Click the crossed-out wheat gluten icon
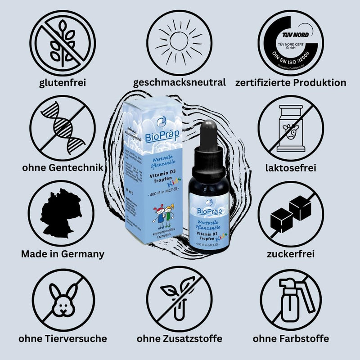[x=63, y=42]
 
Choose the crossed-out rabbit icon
[x=63, y=299]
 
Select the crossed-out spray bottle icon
[x=291, y=299]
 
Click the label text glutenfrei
[x=63, y=83]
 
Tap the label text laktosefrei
[x=291, y=168]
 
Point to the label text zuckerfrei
[x=291, y=254]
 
